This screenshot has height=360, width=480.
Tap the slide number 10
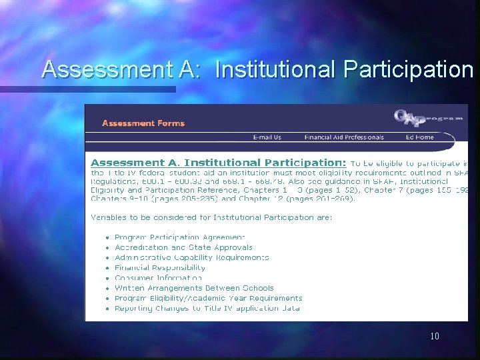(435, 336)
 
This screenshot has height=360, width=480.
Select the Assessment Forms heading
(143, 123)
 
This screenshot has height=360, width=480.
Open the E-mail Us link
(267, 137)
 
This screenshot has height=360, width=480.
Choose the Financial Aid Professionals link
(343, 137)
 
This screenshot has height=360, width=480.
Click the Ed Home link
(419, 137)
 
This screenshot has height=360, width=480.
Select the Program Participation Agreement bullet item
(179, 237)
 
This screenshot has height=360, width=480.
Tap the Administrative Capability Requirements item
(191, 257)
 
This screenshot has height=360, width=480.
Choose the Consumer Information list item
(157, 278)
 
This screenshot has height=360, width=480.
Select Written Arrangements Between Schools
(194, 288)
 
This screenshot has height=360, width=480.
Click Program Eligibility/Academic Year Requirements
(208, 298)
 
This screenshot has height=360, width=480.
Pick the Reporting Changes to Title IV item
(208, 308)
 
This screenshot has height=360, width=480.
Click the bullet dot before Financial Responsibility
(107, 268)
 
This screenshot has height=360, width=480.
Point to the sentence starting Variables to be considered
(211, 217)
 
